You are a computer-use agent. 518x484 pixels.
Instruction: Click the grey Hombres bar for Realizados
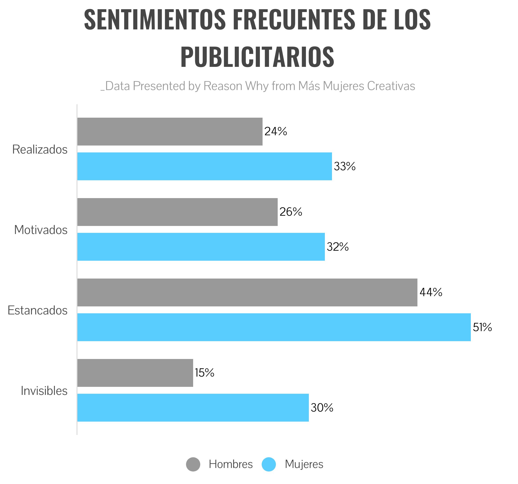[x=170, y=131]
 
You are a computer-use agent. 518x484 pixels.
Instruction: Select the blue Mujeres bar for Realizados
[x=204, y=166]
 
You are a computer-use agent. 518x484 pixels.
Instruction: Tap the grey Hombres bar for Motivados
[x=177, y=212]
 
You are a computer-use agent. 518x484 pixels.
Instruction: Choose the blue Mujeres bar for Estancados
[x=274, y=327]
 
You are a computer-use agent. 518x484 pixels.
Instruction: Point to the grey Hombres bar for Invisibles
[x=135, y=373]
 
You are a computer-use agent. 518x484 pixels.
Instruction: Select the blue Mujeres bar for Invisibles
[x=193, y=408]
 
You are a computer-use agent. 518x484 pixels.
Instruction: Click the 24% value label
[x=276, y=131]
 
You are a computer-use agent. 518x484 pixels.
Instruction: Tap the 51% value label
[x=482, y=327]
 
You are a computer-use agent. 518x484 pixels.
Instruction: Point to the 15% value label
[x=204, y=373]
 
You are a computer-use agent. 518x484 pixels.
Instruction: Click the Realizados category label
[x=40, y=150]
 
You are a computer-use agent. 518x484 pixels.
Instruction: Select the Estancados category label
[x=38, y=310]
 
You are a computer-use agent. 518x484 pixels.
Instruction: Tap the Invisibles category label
[x=44, y=391]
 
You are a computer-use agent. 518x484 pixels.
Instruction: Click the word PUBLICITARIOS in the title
[x=257, y=57]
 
